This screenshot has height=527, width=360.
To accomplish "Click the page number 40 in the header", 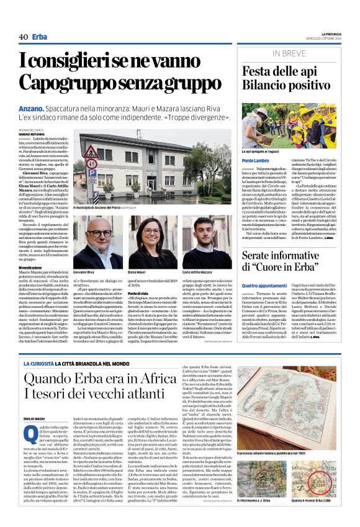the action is (23, 37).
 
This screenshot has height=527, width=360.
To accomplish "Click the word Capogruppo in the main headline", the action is (69, 83).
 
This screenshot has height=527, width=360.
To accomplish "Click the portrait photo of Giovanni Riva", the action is (89, 242).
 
